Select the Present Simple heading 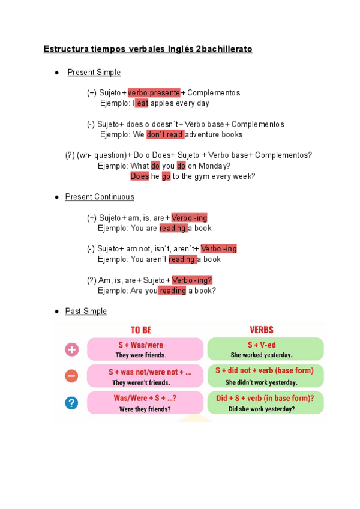coord(94,73)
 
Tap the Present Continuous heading coord(100,197)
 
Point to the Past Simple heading coord(86,311)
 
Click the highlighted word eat coord(142,103)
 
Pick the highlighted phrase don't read coord(165,134)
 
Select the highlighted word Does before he coord(139,176)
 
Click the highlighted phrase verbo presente coord(154,93)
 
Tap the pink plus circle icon coord(71,349)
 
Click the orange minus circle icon coord(71,376)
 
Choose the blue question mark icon coord(71,402)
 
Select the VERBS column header coord(262,330)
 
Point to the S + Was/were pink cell coord(145,349)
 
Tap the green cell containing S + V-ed coord(265,349)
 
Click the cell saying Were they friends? coord(145,402)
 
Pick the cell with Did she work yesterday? coord(265,402)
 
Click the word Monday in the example coord(215,166)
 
